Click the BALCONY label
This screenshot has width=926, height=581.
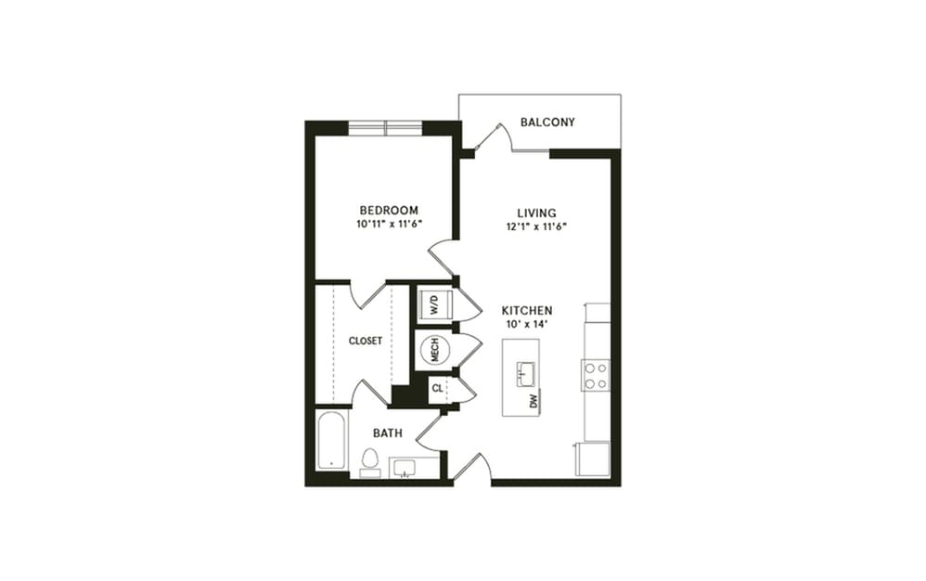[547, 123]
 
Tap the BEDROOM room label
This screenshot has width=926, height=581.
[388, 211]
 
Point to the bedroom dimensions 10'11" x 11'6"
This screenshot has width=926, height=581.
[388, 226]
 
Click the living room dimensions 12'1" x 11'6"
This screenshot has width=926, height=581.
[536, 226]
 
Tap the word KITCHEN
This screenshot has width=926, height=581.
[527, 310]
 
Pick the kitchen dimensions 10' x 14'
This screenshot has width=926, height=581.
[527, 325]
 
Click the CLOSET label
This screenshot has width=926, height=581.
[366, 341]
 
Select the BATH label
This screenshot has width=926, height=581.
[387, 433]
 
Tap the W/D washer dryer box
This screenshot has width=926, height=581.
[433, 304]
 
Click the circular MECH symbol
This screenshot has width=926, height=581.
[433, 350]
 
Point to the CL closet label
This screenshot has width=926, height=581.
[437, 389]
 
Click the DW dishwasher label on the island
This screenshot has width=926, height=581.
[534, 401]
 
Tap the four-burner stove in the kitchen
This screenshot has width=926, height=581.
[595, 374]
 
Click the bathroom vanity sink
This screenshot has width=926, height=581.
[409, 467]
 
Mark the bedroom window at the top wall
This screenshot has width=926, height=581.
[385, 129]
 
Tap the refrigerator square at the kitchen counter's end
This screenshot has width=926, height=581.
[591, 458]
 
